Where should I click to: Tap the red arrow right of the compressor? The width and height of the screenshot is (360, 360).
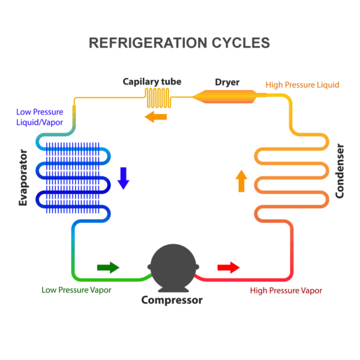coord(228,267)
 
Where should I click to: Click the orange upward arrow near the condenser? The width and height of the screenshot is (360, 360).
coord(241,181)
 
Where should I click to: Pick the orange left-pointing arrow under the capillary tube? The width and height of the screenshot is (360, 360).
coord(155,116)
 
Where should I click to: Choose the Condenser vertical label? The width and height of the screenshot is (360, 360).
coord(340,171)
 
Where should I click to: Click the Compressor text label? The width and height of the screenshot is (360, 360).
coord(172,300)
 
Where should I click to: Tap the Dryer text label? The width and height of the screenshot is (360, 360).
coord(227,81)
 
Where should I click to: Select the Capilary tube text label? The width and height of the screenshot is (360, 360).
coord(152,81)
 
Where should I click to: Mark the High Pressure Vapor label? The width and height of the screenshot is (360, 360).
coord(286,290)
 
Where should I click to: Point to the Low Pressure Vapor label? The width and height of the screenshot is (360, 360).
coord(76,290)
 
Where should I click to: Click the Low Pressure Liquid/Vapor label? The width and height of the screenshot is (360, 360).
coord(40,117)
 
